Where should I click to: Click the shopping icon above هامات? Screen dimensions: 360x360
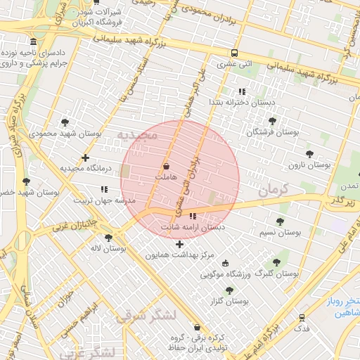166,167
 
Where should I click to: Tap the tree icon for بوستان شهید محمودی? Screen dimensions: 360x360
65,122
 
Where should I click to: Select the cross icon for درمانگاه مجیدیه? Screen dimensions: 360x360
85,158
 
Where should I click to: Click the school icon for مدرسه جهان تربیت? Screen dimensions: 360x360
104,189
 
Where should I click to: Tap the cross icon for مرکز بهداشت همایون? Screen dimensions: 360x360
179,244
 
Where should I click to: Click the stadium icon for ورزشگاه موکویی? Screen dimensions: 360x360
226,263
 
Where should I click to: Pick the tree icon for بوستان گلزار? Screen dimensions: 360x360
229,290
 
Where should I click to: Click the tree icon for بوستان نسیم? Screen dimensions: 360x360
280,221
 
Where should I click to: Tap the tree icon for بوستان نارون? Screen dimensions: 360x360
309,154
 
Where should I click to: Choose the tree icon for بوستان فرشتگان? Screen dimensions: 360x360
272,121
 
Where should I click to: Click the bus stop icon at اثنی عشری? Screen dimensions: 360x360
234,53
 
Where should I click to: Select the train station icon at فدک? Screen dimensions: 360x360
302,318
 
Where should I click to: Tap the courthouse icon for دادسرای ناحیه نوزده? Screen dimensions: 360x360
34,42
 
